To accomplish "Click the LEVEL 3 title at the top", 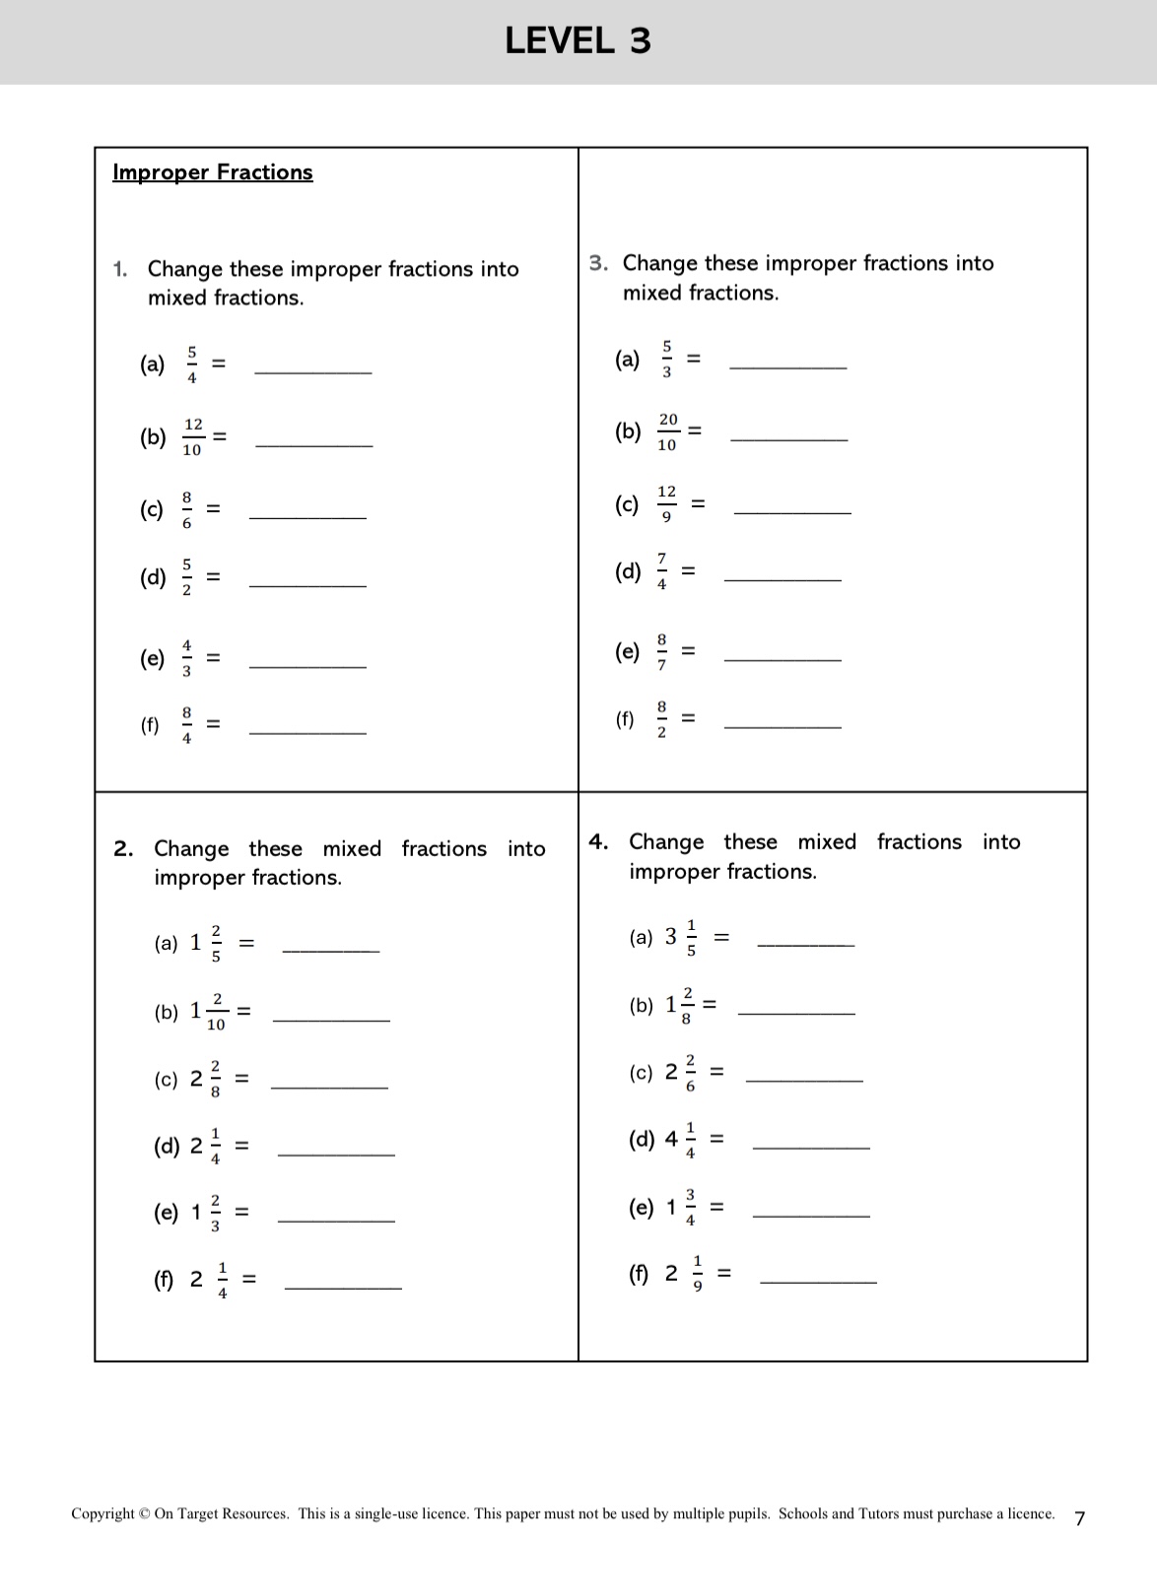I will [x=578, y=40].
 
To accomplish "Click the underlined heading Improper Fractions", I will [x=213, y=172].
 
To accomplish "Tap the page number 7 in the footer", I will [x=1079, y=1518].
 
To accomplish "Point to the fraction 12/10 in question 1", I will [x=192, y=436].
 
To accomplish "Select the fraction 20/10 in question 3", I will [x=667, y=432].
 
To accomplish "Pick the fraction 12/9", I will [x=667, y=503].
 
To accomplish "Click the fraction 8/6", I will [x=186, y=509].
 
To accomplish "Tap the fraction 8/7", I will [x=661, y=651].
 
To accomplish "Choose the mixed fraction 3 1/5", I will [x=681, y=937].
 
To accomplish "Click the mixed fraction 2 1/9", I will [x=685, y=1273].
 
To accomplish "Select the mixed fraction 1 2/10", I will [x=208, y=1012].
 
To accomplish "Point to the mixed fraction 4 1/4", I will [x=680, y=1140].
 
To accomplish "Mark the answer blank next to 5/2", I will [x=307, y=585].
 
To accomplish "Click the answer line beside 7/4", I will [x=783, y=578].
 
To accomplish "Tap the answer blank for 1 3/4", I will [x=810, y=1215].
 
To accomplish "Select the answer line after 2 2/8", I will [x=329, y=1087].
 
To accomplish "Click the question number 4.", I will [x=598, y=841].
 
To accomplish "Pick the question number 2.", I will [x=123, y=848].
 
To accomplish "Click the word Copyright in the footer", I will [x=102, y=1513].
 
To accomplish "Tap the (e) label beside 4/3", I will [x=152, y=658].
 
